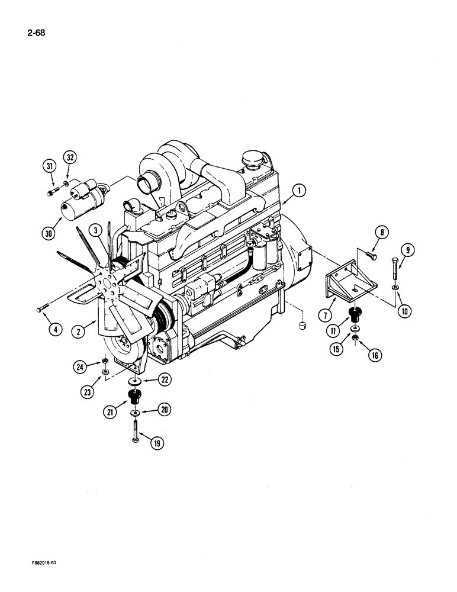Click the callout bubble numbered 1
click(x=299, y=190)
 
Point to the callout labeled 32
click(x=70, y=158)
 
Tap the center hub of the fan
click(x=108, y=288)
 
